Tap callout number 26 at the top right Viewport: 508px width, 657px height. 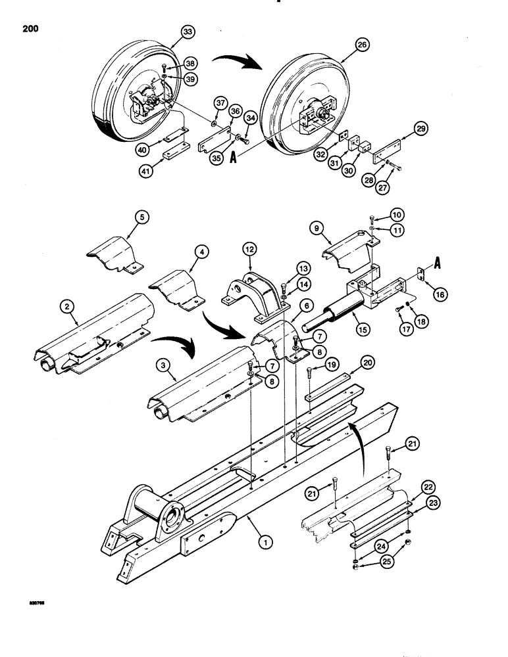tap(361, 45)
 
